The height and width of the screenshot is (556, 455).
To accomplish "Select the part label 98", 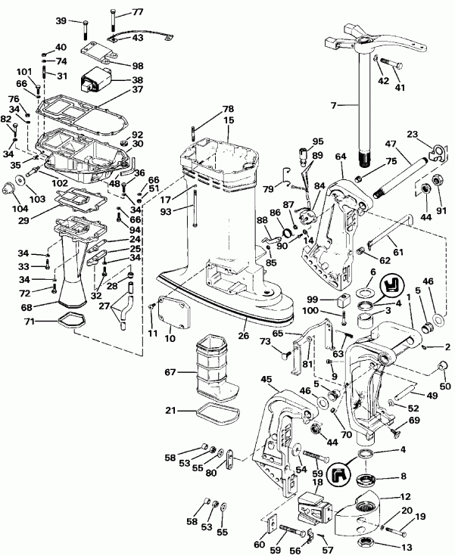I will (x=137, y=66).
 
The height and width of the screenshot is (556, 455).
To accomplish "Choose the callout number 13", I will (x=407, y=548).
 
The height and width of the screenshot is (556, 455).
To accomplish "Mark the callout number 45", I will (x=265, y=379).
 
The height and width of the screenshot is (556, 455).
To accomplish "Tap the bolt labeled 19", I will (x=396, y=529).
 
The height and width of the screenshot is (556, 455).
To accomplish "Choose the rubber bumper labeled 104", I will (x=15, y=187).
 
